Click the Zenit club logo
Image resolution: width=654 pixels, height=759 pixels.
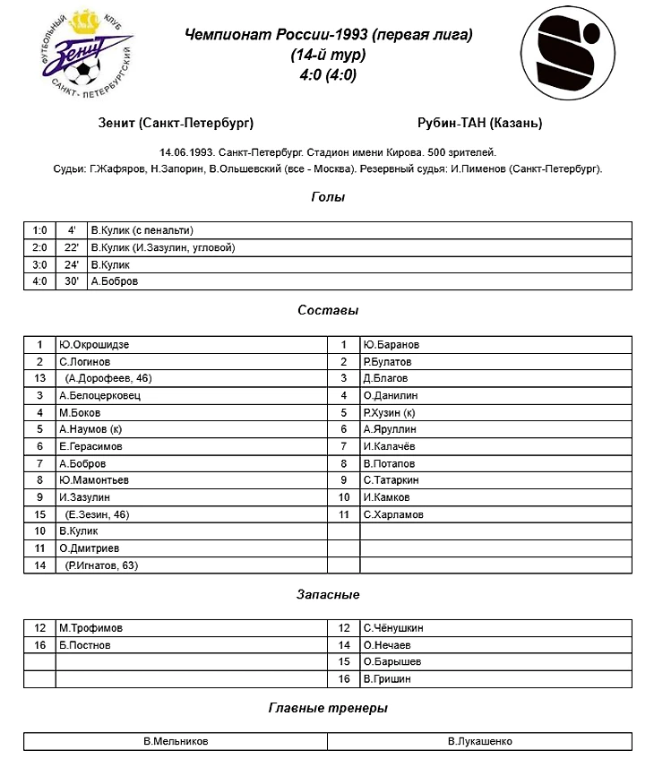[84, 55]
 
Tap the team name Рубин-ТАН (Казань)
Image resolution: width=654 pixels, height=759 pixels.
[479, 123]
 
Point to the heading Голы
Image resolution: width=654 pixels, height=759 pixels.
[328, 197]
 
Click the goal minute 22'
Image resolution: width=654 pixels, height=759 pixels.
[72, 247]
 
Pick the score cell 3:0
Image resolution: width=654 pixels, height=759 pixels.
[39, 264]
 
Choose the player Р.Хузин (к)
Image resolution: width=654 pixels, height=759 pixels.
[390, 413]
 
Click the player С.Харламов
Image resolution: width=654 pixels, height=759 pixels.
[393, 515]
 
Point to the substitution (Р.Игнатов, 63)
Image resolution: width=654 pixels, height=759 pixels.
[102, 566]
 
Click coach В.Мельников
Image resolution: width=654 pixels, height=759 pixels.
[176, 742]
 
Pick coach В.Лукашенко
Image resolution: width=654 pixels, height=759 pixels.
[480, 742]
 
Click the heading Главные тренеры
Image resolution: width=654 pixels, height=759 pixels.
[328, 708]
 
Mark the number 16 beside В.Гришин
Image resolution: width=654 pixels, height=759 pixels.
[343, 679]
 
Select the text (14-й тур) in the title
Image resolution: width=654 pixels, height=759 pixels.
[328, 55]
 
